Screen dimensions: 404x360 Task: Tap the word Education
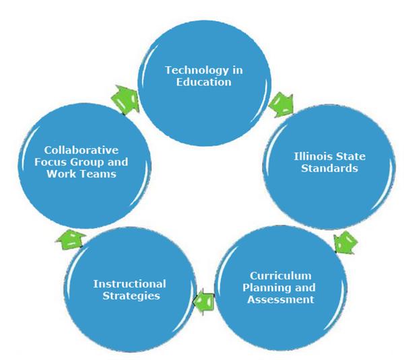point(204,82)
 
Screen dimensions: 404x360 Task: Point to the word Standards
point(329,168)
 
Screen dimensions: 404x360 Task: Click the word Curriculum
point(281,276)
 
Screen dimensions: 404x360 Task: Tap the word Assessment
point(281,299)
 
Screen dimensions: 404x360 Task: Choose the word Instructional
point(129,284)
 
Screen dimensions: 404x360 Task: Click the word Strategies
point(131,296)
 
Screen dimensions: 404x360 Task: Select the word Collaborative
point(81,150)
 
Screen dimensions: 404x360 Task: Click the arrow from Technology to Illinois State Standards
point(281,105)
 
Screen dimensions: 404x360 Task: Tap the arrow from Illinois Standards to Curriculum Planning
point(345,242)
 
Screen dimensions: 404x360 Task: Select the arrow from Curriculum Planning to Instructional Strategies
point(203,301)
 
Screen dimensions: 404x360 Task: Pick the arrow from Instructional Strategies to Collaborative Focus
point(71,240)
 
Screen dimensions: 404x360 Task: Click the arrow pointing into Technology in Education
point(125,100)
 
